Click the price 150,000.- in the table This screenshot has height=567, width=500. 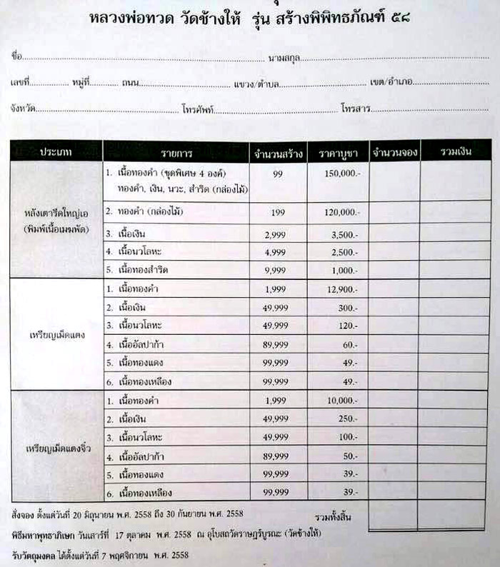tap(339, 174)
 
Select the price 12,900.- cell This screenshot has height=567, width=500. tap(339, 288)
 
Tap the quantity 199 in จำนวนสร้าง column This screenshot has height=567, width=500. tap(278, 212)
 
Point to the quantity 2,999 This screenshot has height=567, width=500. tap(278, 234)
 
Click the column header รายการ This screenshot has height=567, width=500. tap(175, 153)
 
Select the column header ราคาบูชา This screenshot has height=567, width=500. tap(338, 153)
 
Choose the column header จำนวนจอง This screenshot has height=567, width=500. tap(394, 152)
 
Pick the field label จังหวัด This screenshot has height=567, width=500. tap(23, 110)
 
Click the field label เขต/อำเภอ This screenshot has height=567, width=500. tap(391, 83)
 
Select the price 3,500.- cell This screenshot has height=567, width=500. tap(339, 234)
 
